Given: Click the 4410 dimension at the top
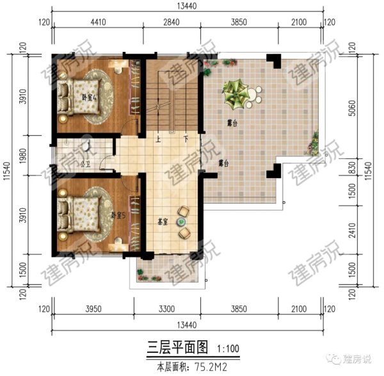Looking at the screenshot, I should point(97,22).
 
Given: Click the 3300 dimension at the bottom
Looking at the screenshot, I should point(166,309).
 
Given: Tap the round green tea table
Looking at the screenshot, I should point(182,222).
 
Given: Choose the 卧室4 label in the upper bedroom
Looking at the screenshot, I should point(88,98).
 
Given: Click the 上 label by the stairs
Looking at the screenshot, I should point(157,138).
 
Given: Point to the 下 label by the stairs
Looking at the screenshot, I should point(185,138).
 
